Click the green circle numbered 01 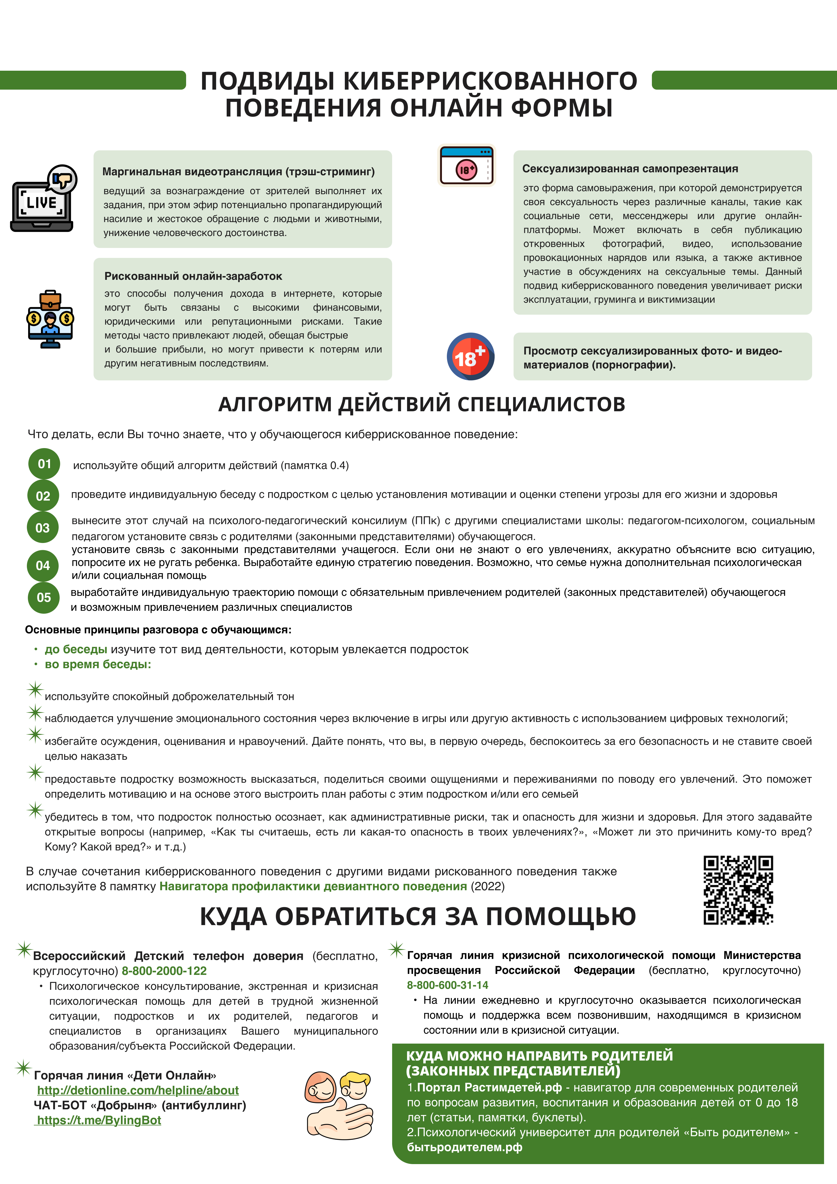click(44, 464)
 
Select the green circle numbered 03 click(43, 528)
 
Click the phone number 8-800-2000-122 click(164, 971)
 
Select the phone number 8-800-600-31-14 click(447, 985)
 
